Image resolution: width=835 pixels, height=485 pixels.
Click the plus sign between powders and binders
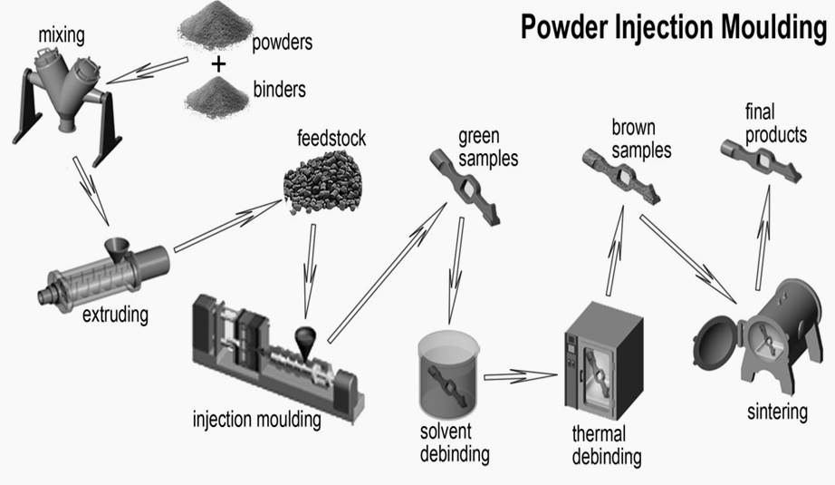[218, 63]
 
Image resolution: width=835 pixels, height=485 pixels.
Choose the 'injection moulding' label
[257, 420]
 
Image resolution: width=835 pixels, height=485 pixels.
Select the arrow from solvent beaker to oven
[519, 373]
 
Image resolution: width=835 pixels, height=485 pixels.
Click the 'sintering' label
[776, 412]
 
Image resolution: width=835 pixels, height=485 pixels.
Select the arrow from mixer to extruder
[93, 191]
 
